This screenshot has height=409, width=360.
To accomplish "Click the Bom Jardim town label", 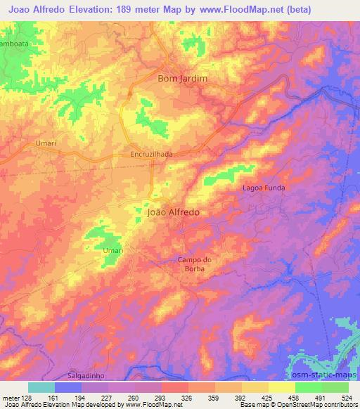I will pyautogui.click(x=182, y=79).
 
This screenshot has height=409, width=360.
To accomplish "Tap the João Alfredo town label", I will pyautogui.click(x=174, y=211).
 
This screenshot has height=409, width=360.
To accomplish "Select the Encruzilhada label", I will pyautogui.click(x=151, y=154).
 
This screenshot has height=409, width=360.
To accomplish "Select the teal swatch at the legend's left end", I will pyautogui.click(x=41, y=387).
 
